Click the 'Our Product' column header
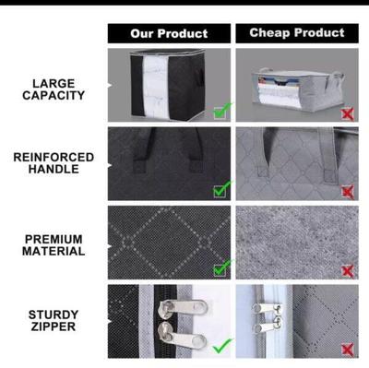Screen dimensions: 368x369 coord(169,34)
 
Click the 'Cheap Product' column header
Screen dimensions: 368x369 coord(296,33)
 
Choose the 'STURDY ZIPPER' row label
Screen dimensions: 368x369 coord(54,320)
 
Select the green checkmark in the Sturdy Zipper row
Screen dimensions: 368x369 coord(222,347)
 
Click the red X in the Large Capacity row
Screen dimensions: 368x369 coord(347,113)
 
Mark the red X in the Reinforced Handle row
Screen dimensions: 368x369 coord(347,192)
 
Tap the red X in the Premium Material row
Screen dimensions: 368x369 coord(347,270)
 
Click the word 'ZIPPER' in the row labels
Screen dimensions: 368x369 coord(54,327)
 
